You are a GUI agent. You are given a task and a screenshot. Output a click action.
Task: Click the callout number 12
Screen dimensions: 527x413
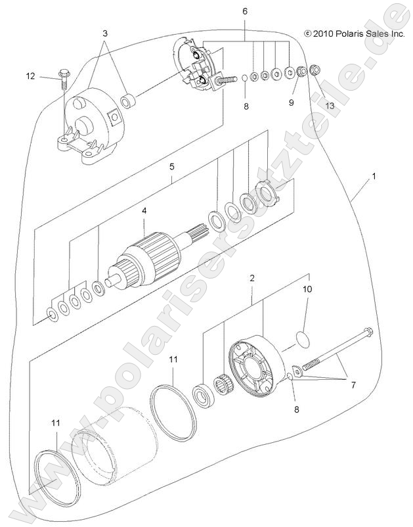point(30,76)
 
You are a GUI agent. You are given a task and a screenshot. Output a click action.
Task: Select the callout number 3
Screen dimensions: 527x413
point(104,33)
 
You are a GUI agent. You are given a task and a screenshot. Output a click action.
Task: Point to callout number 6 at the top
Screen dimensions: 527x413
point(246,12)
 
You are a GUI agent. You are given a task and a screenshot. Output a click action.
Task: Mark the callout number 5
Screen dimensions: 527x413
point(171,167)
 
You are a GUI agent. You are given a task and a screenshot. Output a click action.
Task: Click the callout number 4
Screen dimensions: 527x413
point(144,211)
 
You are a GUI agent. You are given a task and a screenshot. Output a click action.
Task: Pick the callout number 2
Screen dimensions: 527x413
point(251,279)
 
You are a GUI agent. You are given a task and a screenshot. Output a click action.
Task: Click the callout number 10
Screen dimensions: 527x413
point(307,288)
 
